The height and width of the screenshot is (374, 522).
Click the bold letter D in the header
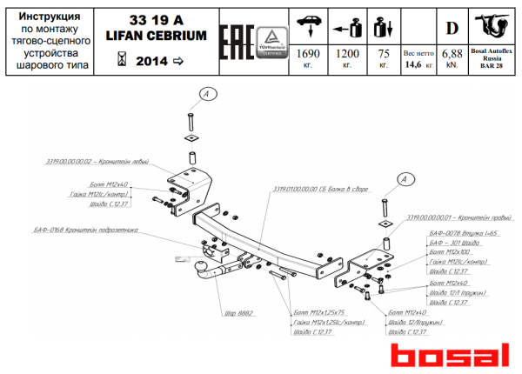tap(452, 26)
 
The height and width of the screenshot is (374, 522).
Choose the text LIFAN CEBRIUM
tap(157, 36)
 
